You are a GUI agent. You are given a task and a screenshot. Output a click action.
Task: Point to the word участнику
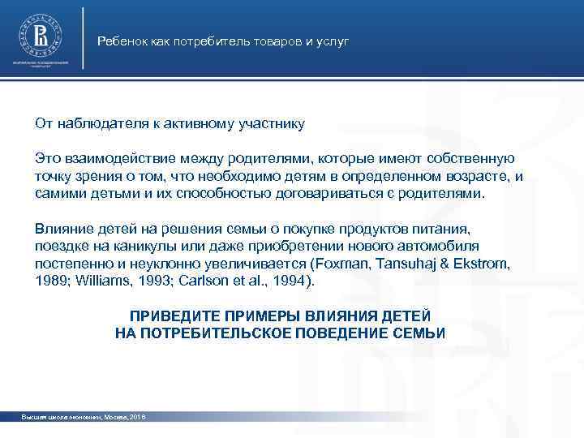(x=273, y=124)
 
